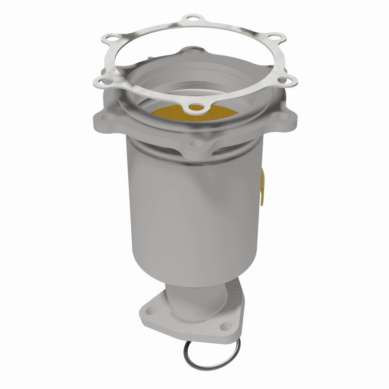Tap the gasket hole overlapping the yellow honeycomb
click(x=196, y=107)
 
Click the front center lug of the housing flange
click(x=194, y=143)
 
